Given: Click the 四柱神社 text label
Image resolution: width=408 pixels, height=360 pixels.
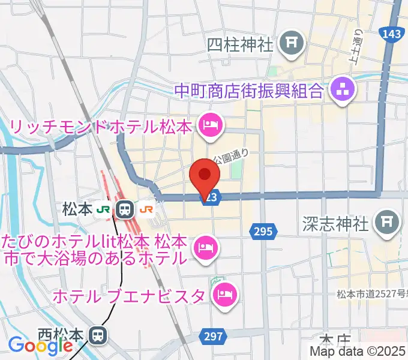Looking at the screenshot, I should pos(240,44).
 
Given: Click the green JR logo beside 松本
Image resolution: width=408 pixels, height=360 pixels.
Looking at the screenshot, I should pos(104,209).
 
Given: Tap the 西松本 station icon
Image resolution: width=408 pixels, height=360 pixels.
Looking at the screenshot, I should pos(97,334).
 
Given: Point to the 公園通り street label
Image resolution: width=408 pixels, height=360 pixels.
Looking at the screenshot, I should pos(230,155).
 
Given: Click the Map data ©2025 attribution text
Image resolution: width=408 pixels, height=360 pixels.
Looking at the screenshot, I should pos(358,352).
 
